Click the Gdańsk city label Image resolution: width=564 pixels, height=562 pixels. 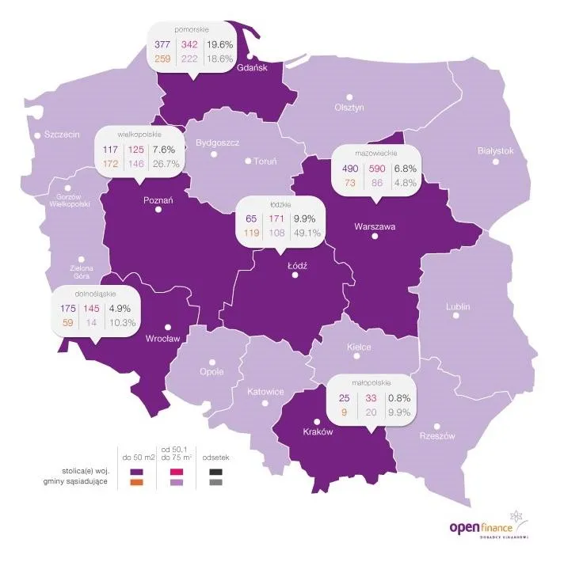click(x=253, y=68)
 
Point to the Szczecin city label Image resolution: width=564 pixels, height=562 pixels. click(x=62, y=135)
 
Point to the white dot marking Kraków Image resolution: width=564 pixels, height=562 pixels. click(x=317, y=421)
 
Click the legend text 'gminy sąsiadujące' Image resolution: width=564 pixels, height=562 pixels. click(x=77, y=483)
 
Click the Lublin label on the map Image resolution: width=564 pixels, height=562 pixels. click(x=457, y=306)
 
